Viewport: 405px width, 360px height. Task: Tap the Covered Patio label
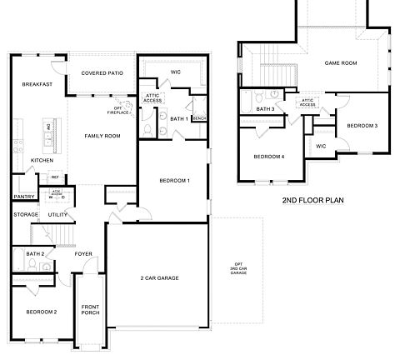click(x=102, y=73)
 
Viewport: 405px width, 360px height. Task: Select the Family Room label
click(x=102, y=136)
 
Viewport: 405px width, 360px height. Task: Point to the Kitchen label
click(x=42, y=160)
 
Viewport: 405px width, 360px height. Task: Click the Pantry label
click(x=22, y=197)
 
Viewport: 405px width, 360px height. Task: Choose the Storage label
click(x=26, y=215)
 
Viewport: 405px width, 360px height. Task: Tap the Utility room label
click(x=57, y=215)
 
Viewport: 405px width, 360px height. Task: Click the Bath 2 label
click(x=34, y=254)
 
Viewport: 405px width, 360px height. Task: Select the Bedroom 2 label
click(x=41, y=312)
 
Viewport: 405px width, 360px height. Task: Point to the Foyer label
click(x=83, y=254)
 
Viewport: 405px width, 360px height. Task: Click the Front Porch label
click(x=90, y=311)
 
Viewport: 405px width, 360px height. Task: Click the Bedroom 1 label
click(x=175, y=181)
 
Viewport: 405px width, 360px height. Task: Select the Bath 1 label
click(x=178, y=119)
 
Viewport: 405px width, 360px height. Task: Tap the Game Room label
click(x=340, y=62)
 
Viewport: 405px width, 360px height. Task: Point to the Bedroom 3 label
click(x=362, y=125)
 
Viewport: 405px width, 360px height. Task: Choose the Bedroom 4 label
click(x=269, y=157)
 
